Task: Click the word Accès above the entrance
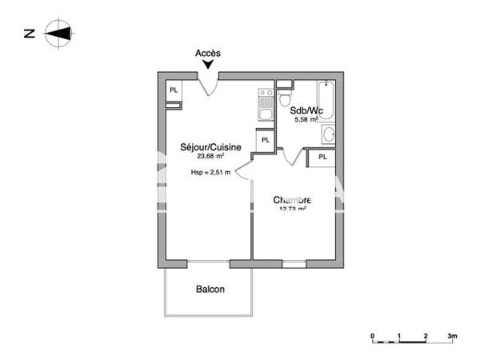[208, 54]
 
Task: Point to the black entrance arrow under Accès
[208, 66]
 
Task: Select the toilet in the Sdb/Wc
[286, 98]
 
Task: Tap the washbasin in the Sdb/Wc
[328, 133]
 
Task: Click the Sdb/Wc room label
[306, 111]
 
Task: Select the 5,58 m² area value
[306, 120]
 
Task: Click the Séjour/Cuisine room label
[205, 147]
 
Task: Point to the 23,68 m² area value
[205, 157]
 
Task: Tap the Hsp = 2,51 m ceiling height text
[210, 172]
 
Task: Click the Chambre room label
[292, 200]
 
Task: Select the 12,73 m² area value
[292, 210]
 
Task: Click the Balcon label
[210, 290]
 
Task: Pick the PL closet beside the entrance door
[173, 90]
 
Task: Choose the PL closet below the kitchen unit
[266, 140]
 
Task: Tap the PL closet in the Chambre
[322, 157]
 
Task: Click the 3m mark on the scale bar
[452, 336]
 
